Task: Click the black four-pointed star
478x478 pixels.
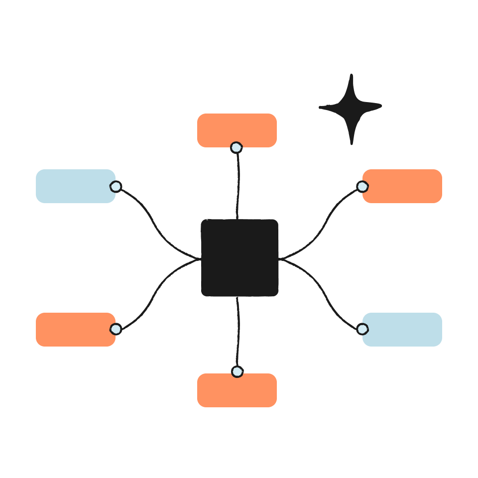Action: (351, 107)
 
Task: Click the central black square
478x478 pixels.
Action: (239, 257)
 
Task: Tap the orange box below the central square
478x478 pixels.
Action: (237, 391)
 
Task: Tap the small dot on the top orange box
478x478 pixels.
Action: (237, 147)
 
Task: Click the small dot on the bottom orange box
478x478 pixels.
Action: (237, 371)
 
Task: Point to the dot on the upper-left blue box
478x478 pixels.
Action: (116, 187)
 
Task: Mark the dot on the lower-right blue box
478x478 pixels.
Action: (362, 329)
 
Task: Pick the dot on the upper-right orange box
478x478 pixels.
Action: (362, 187)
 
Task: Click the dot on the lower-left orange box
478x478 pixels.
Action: (116, 329)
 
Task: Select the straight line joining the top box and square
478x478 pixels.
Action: (239, 184)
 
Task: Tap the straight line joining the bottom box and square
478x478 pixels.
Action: (239, 334)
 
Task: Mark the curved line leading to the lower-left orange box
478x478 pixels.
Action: (154, 291)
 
